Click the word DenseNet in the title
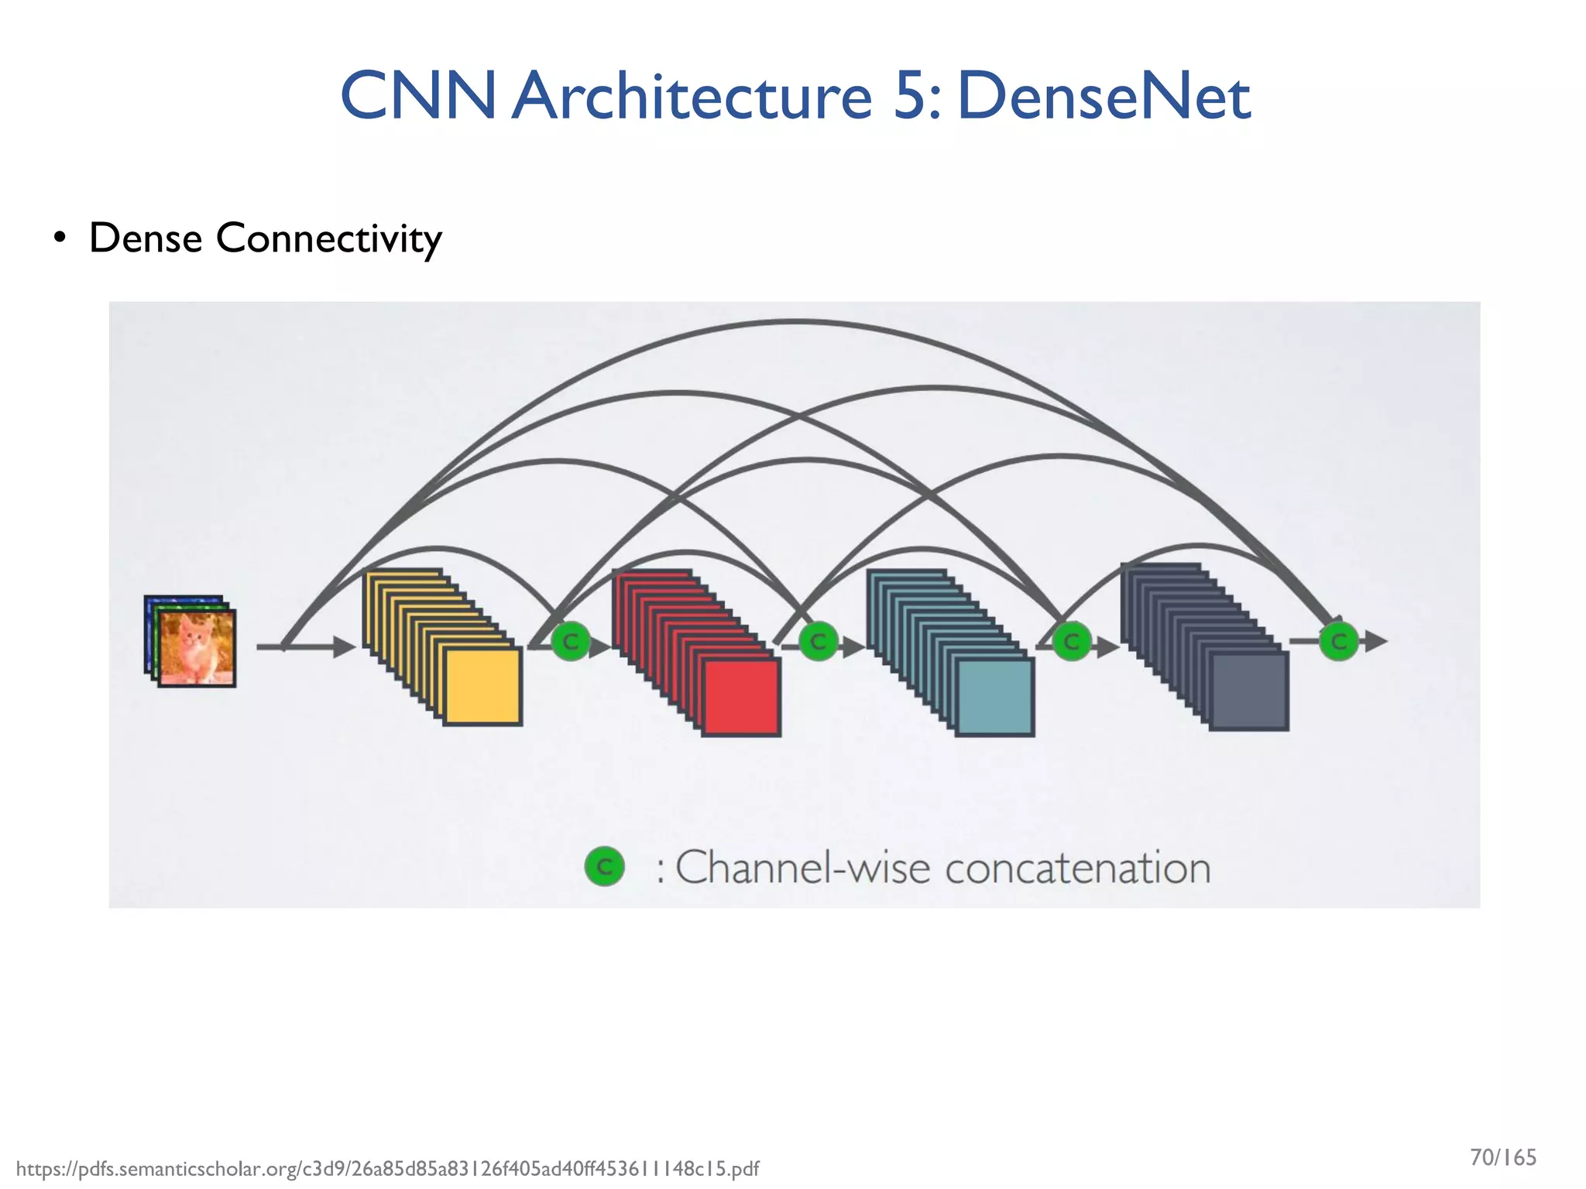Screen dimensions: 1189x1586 (1104, 97)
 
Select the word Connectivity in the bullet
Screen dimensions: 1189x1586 (328, 238)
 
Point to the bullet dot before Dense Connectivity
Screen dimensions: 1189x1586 (60, 238)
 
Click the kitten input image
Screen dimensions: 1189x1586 (195, 647)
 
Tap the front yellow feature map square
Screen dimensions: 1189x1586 (482, 687)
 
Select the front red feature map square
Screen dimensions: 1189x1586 (741, 697)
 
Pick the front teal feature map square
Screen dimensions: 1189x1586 (994, 697)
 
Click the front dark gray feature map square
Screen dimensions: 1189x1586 (1248, 691)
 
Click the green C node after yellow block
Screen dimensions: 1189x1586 (571, 642)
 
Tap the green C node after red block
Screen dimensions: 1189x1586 (818, 642)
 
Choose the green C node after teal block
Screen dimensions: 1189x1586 (1072, 642)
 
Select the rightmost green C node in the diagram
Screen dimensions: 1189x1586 (1338, 642)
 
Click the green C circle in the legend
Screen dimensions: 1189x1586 (604, 867)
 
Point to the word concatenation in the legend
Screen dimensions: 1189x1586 (1077, 869)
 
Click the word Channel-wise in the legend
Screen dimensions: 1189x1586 (802, 869)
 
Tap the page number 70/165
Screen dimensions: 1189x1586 (1502, 1158)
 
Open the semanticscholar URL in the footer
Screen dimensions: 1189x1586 (387, 1169)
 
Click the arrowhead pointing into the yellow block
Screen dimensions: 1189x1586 (345, 646)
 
